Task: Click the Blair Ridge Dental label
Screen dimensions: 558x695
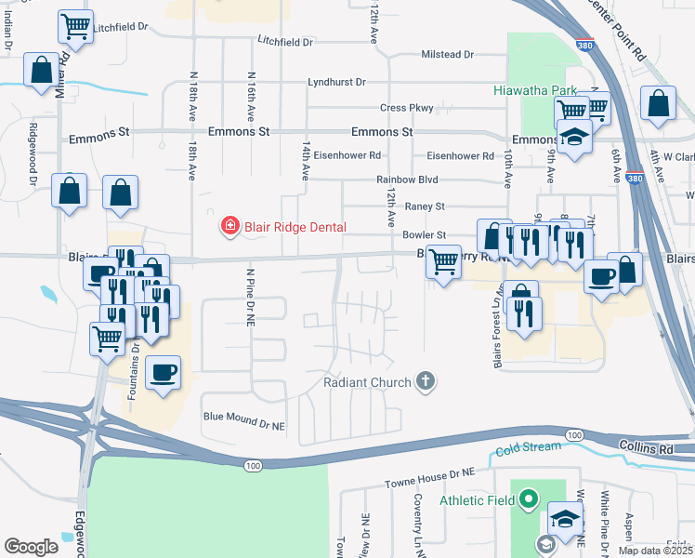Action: point(295,227)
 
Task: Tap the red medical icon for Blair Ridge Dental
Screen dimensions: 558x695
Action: point(229,226)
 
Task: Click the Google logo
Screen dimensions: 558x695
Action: point(31,547)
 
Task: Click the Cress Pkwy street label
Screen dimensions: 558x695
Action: point(406,108)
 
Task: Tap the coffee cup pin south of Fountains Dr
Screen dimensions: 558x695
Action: point(164,373)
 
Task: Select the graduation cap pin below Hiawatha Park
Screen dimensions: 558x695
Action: point(575,139)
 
